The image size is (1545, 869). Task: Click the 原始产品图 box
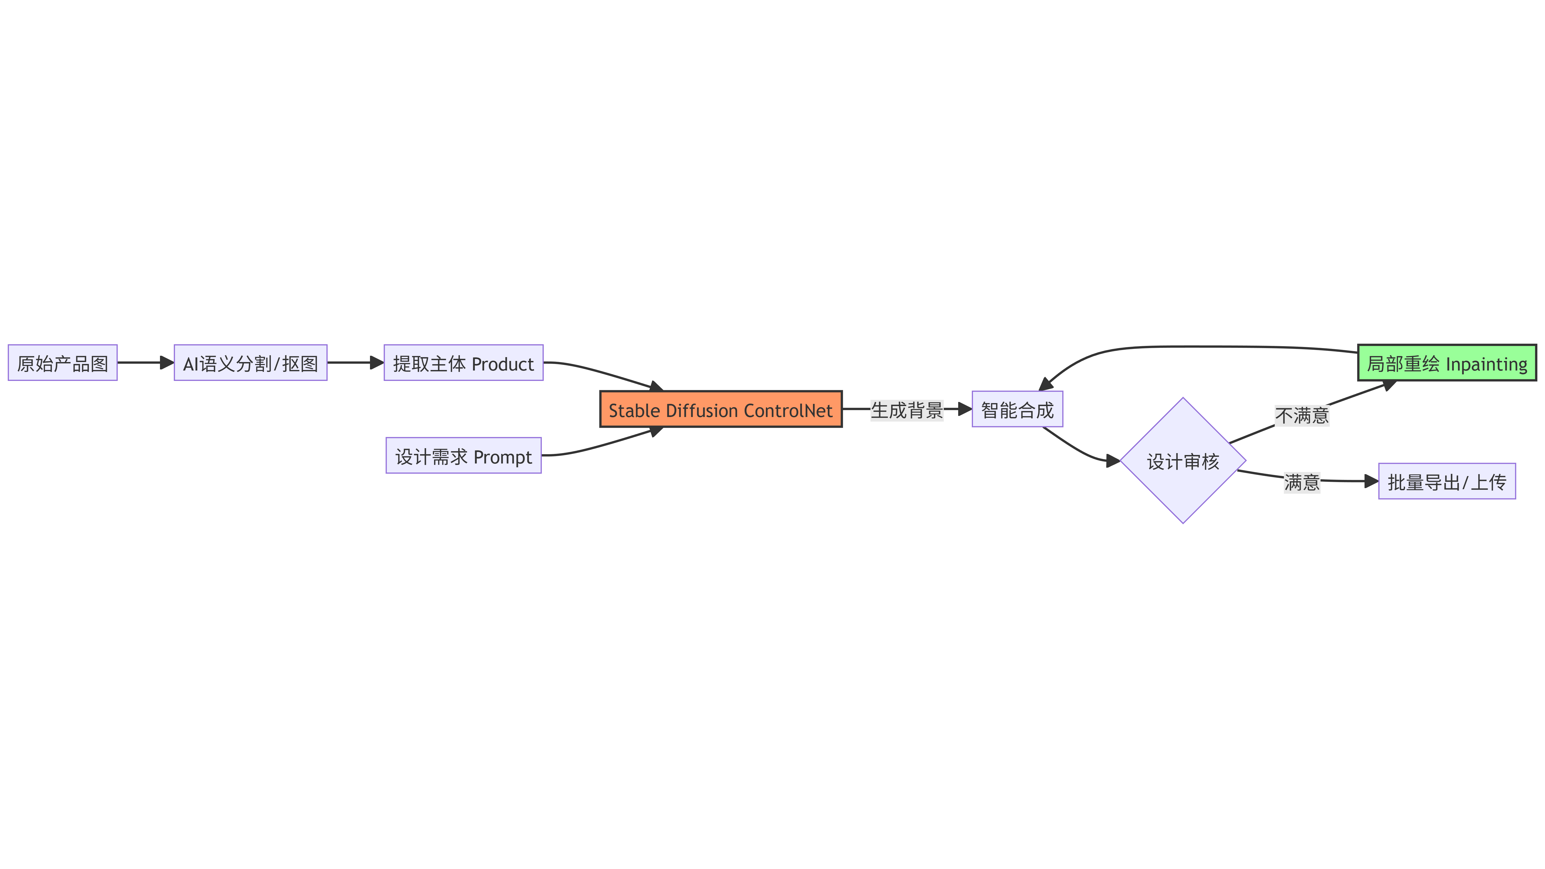point(62,363)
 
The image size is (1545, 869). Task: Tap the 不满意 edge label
point(1302,415)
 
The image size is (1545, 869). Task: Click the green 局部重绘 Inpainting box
point(1447,363)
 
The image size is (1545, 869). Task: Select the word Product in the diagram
point(503,364)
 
